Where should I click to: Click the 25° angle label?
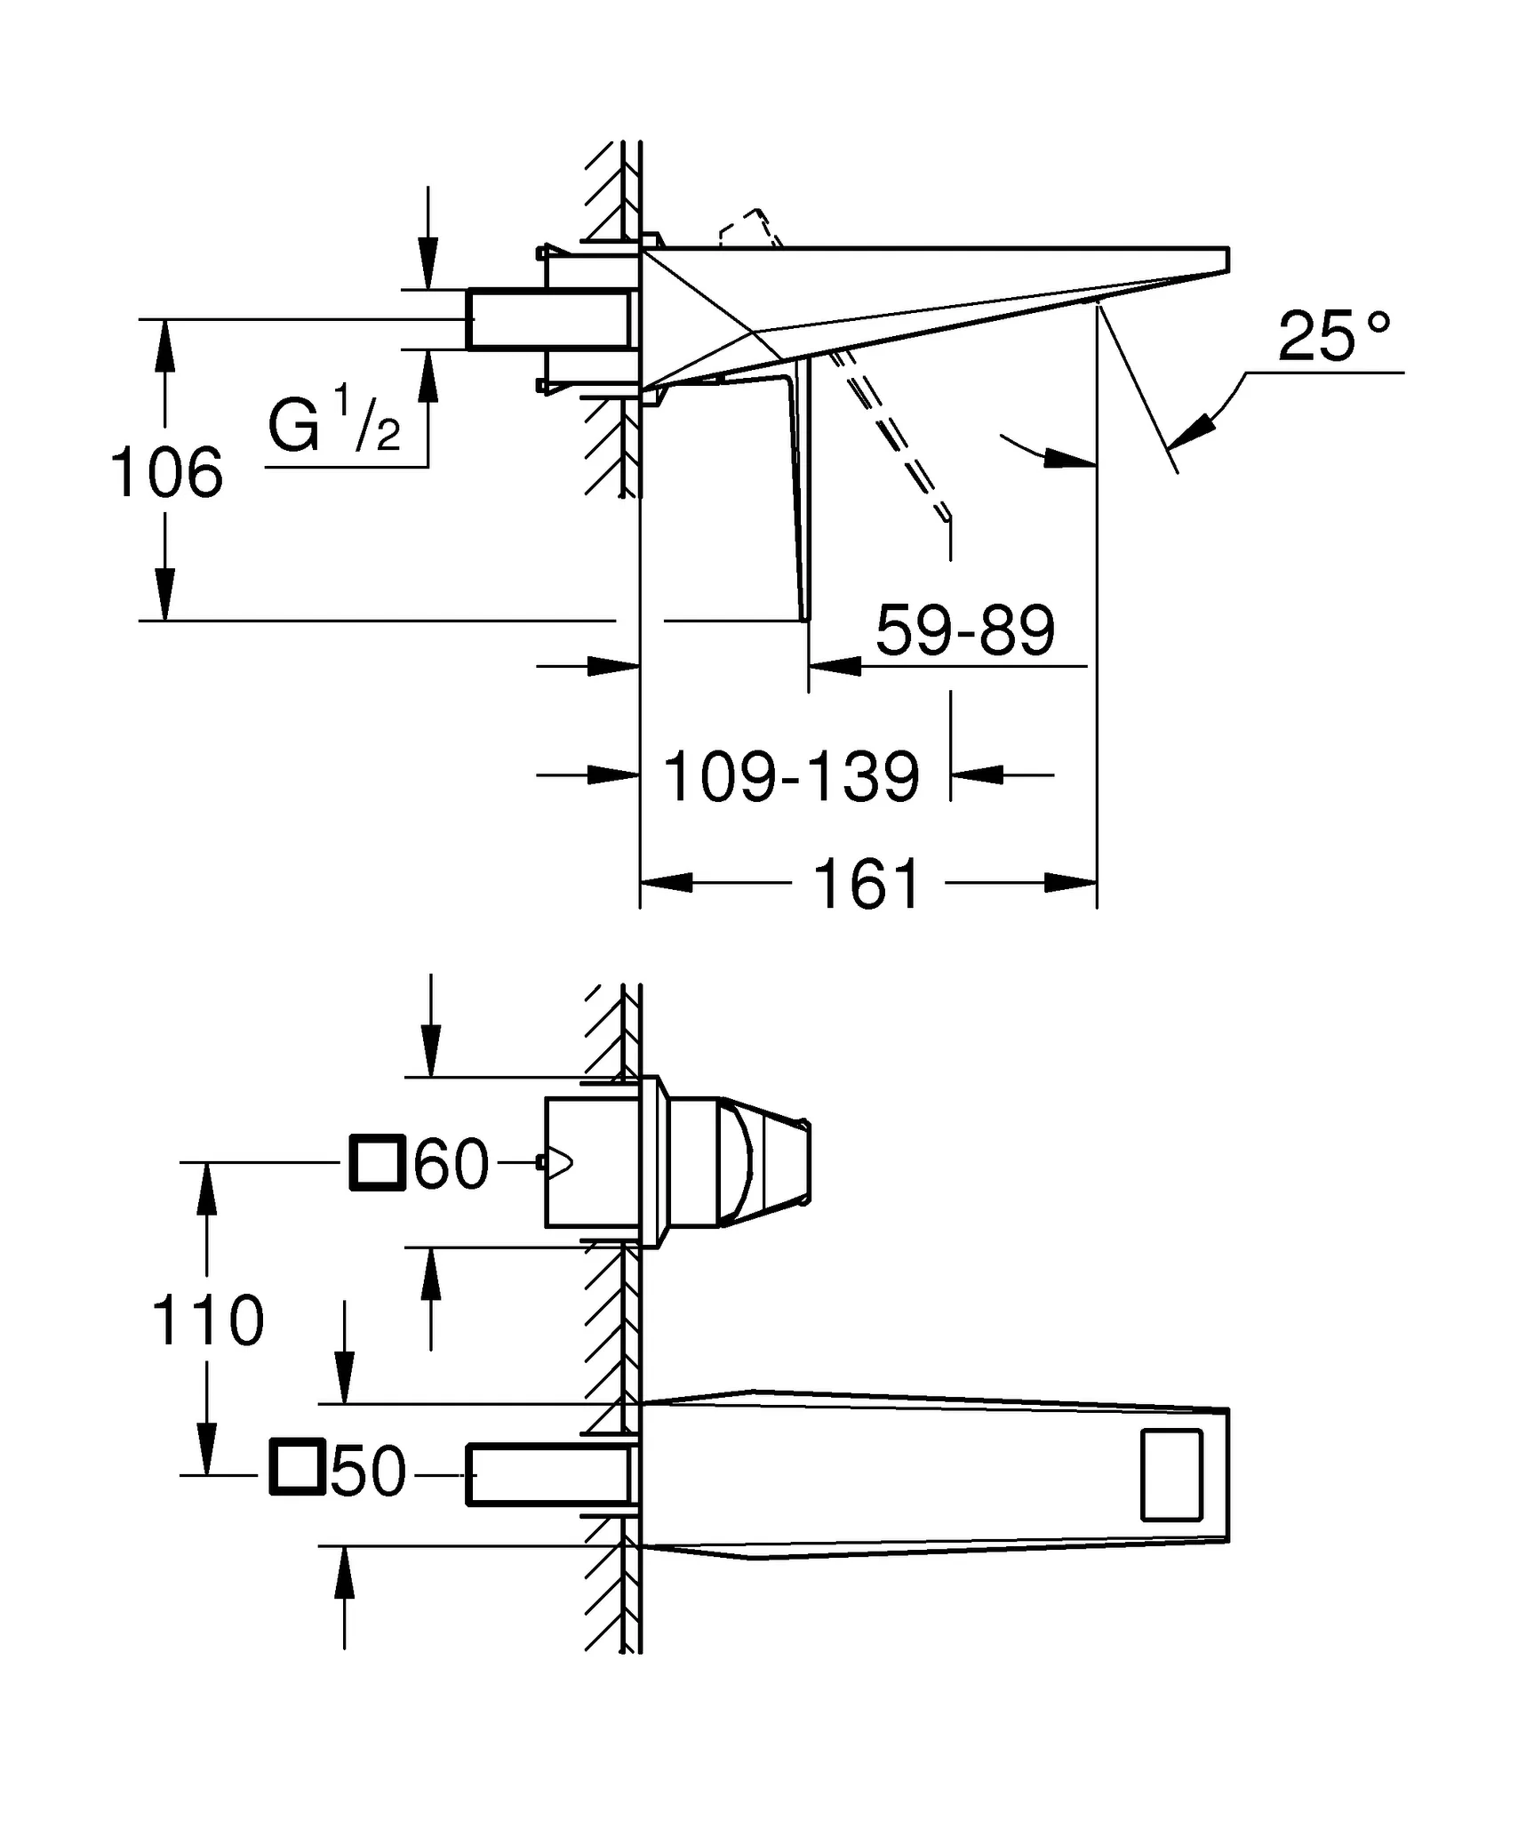tap(1333, 338)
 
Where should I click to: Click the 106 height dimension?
tap(166, 473)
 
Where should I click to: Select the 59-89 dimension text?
tap(965, 630)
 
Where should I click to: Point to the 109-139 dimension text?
tap(791, 777)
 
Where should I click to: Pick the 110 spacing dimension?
tap(208, 1320)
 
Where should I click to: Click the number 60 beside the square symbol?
tap(451, 1164)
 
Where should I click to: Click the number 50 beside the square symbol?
tap(368, 1473)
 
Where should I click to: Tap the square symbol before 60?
tap(378, 1162)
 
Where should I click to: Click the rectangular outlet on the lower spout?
tap(1171, 1475)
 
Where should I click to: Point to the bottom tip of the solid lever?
tap(806, 618)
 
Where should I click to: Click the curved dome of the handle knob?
tap(742, 1163)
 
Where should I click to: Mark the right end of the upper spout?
tap(1227, 259)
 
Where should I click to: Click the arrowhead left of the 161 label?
tap(667, 883)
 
